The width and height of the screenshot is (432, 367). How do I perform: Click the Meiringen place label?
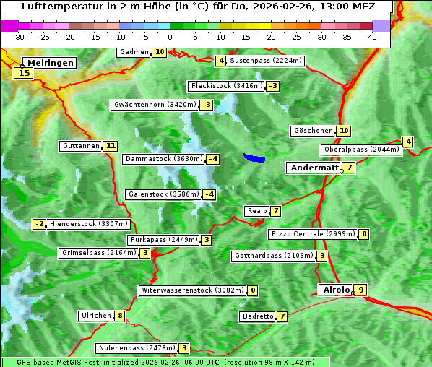(x=48, y=63)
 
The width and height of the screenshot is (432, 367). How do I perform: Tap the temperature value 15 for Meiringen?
(x=25, y=73)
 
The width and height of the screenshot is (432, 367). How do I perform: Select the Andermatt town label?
(x=314, y=168)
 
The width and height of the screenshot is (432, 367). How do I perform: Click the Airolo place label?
(x=336, y=290)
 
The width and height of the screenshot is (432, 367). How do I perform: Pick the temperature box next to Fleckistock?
(x=272, y=87)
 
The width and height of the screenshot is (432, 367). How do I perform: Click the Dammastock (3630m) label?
(x=163, y=159)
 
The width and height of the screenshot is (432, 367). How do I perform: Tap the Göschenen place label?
(x=313, y=131)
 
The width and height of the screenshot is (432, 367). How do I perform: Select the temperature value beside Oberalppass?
(x=408, y=142)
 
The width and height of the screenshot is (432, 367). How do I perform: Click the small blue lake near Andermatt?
(x=254, y=157)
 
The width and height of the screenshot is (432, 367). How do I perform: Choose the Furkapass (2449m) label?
(x=162, y=240)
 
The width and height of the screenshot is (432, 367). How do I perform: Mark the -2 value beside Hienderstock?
(x=40, y=224)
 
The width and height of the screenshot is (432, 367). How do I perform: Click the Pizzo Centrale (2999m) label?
(x=312, y=234)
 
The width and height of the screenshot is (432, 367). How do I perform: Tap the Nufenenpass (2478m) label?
(x=137, y=348)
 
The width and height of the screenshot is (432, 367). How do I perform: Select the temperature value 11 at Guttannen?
(x=110, y=146)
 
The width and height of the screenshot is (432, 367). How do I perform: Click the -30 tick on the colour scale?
(x=19, y=37)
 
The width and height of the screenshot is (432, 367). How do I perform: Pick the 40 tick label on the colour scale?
(x=372, y=37)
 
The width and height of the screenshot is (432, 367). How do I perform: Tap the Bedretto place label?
(x=257, y=316)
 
